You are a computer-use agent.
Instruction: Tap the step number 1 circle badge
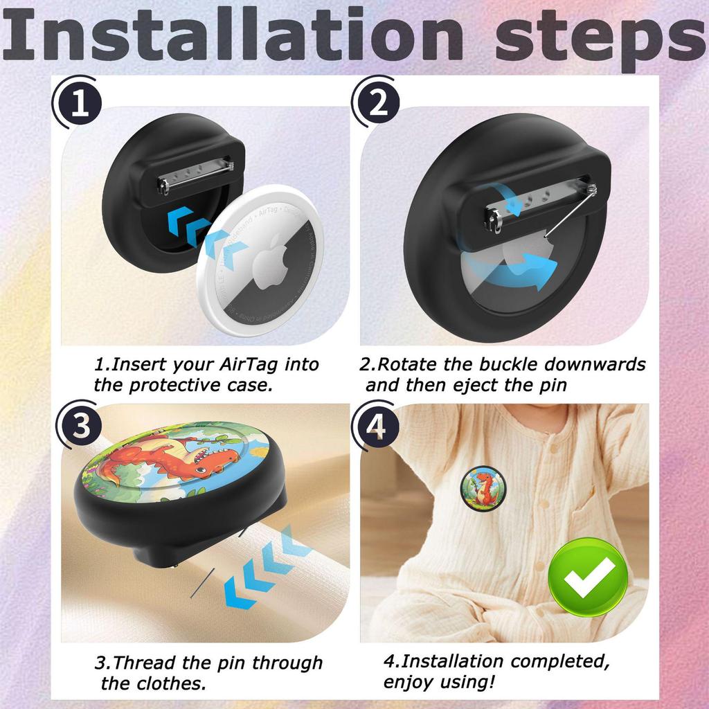78,105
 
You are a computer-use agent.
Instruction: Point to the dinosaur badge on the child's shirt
483,487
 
